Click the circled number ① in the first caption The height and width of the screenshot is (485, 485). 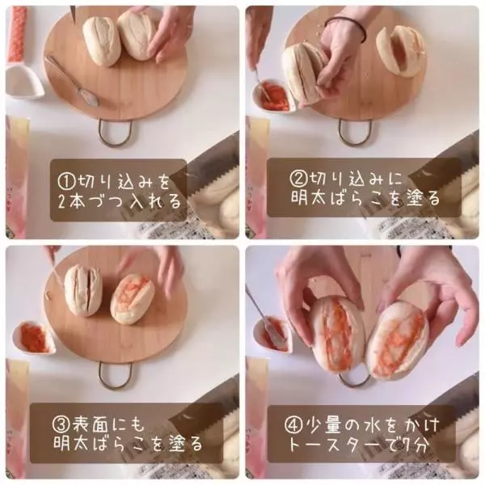(x=66, y=181)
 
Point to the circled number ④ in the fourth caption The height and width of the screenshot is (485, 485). (x=293, y=425)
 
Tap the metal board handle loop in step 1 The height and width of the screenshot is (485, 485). (x=115, y=133)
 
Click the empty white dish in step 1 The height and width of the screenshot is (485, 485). (x=24, y=81)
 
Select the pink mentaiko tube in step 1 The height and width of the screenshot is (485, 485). (x=18, y=33)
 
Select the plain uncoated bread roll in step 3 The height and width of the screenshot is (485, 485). (x=83, y=290)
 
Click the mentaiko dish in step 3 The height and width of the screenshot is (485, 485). (x=33, y=337)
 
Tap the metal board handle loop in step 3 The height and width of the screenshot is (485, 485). (x=115, y=375)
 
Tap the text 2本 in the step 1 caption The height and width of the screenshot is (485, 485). (x=70, y=201)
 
